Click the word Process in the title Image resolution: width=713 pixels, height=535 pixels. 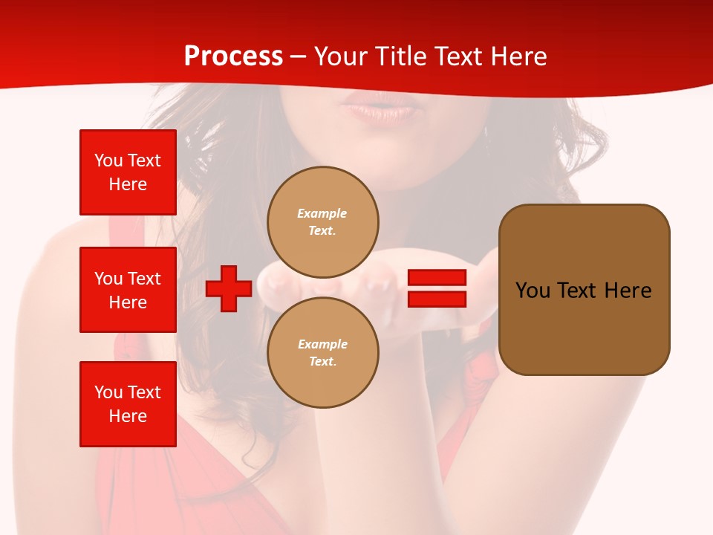(x=233, y=56)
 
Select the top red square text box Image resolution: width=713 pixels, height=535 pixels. (x=128, y=172)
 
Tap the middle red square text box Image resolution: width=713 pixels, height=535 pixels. (x=128, y=290)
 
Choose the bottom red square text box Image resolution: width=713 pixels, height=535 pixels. (x=128, y=404)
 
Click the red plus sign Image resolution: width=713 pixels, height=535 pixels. (x=229, y=288)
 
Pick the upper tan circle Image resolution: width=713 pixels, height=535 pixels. (x=322, y=221)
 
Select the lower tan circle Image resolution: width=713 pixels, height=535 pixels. (x=322, y=352)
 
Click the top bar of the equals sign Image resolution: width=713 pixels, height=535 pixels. (x=437, y=278)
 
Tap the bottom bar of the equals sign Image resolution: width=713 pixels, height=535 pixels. (x=437, y=299)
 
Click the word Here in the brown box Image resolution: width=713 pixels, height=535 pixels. (x=628, y=291)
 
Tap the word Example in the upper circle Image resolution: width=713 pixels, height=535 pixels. (x=322, y=213)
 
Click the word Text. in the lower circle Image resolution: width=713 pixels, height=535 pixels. (x=322, y=362)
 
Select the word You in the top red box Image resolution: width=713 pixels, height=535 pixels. (x=108, y=160)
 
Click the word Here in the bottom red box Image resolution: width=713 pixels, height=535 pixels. (x=128, y=416)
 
